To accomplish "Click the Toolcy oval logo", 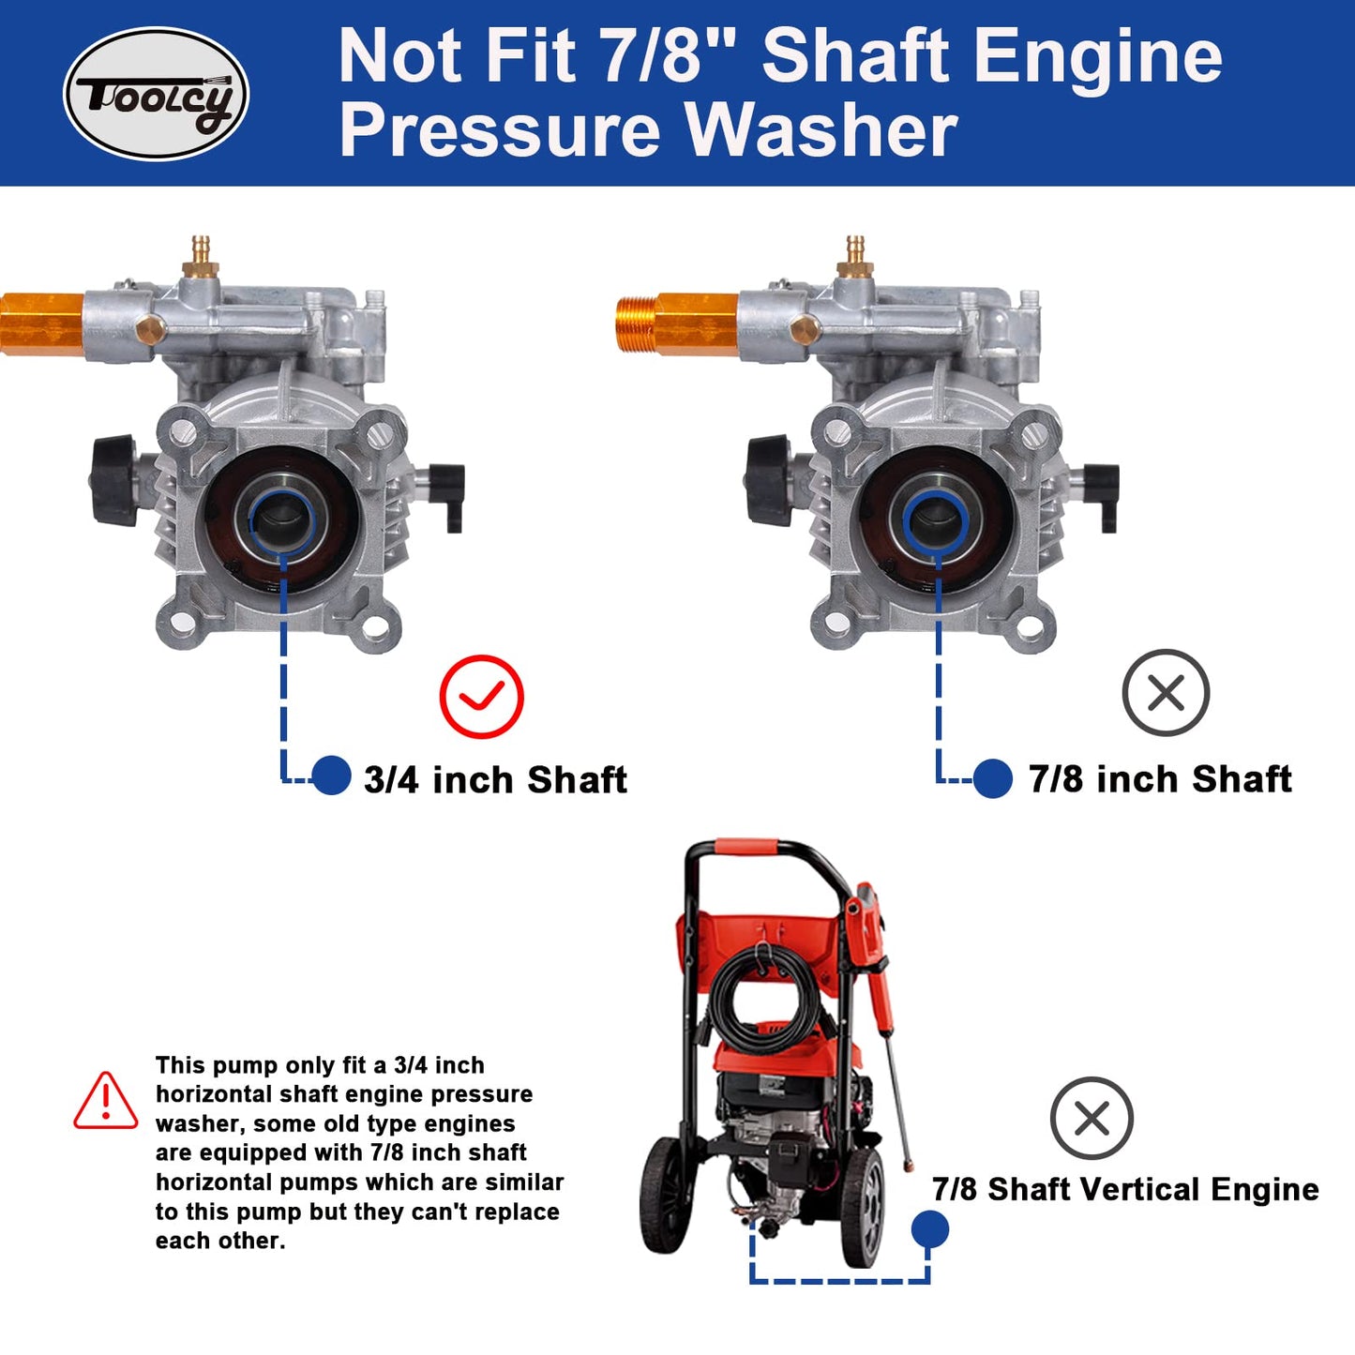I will pos(156,94).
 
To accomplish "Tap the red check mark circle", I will pos(481,696).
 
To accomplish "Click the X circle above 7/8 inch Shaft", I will pos(1166,692).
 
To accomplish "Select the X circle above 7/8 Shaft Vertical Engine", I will pos(1092,1118).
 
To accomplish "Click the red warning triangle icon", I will pos(106,1102).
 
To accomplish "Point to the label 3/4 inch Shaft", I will pos(495,780).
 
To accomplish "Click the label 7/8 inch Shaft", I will pos(1160,779).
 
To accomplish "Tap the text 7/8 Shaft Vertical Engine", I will pos(1125,1189).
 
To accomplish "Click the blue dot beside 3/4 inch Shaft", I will pos(331,775).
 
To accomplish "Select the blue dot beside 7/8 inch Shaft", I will pos(992,778).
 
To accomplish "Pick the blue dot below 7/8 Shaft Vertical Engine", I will pos(929,1228).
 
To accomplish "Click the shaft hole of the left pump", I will pos(282,520).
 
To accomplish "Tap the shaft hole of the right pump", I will pos(936,520).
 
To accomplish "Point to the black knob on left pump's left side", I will pos(114,479).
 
